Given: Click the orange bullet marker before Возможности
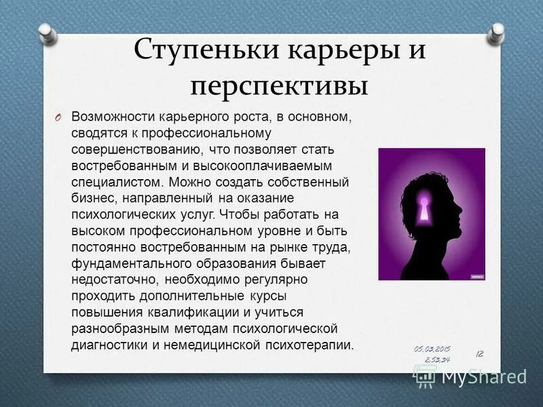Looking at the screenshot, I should [x=59, y=117].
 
